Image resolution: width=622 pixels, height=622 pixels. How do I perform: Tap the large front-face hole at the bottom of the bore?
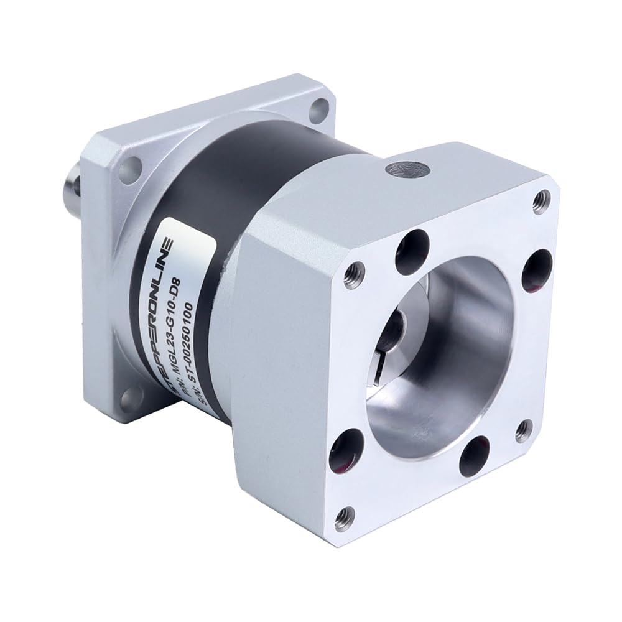[x=476, y=456]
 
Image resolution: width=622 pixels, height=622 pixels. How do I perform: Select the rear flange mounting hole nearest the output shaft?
[x=129, y=169]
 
